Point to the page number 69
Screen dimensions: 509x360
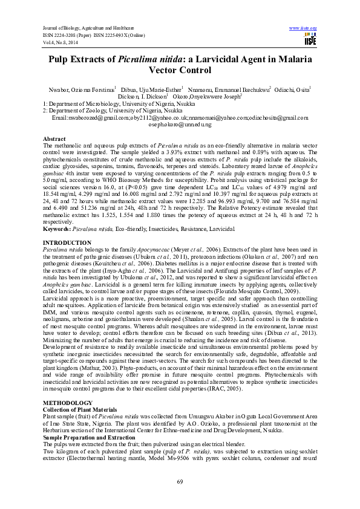coord(180,481)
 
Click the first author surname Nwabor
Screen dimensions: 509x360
coord(58,89)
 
